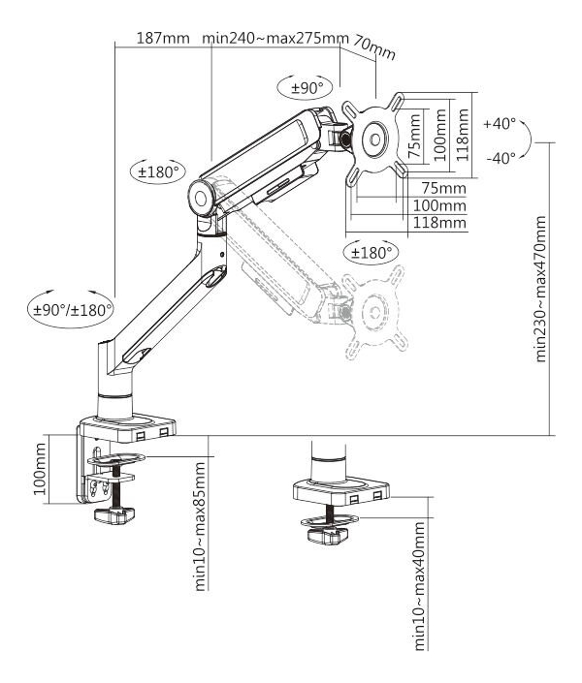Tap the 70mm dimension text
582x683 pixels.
pos(374,48)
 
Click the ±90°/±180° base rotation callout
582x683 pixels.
pos(71,310)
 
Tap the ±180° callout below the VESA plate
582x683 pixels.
pos(372,252)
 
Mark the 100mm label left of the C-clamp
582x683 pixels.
pos(40,469)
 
